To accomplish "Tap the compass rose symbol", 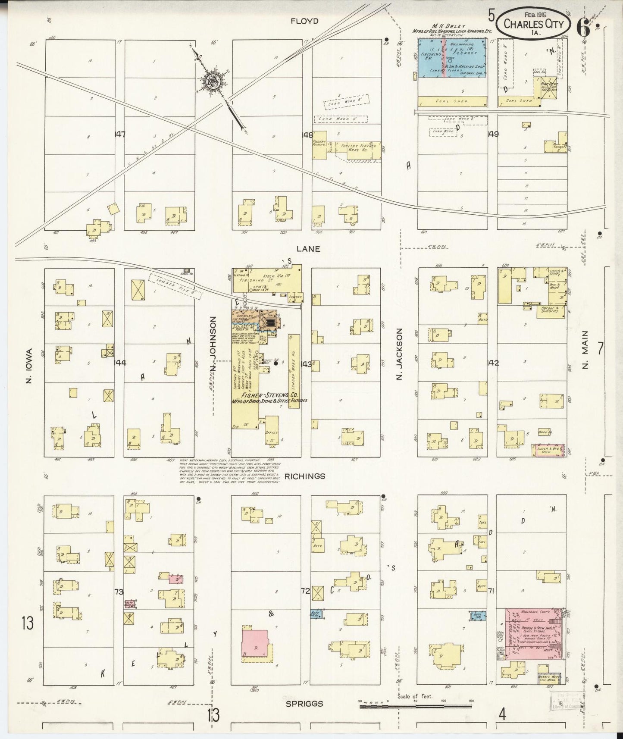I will pyautogui.click(x=213, y=81).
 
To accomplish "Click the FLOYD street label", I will pyautogui.click(x=304, y=21).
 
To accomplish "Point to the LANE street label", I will pyautogui.click(x=308, y=249).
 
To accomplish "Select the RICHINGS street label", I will pyautogui.click(x=308, y=476).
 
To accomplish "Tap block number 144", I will pyautogui.click(x=120, y=363).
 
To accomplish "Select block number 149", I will pyautogui.click(x=492, y=134).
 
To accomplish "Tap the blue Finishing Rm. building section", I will pyautogui.click(x=431, y=58).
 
